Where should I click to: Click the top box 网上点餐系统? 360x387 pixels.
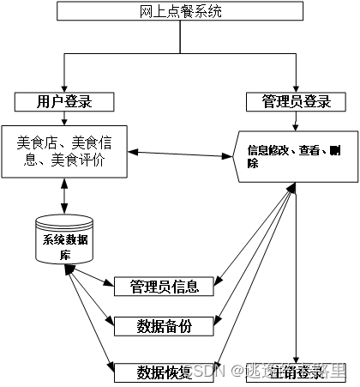(179, 11)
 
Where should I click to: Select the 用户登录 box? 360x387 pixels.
(65, 101)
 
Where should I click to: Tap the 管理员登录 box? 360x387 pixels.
(296, 101)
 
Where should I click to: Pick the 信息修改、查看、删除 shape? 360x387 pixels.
(297, 155)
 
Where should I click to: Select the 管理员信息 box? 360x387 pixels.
(164, 286)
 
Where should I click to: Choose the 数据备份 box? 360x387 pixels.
(164, 325)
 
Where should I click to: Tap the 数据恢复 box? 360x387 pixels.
(164, 372)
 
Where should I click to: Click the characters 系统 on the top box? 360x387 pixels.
(208, 11)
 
